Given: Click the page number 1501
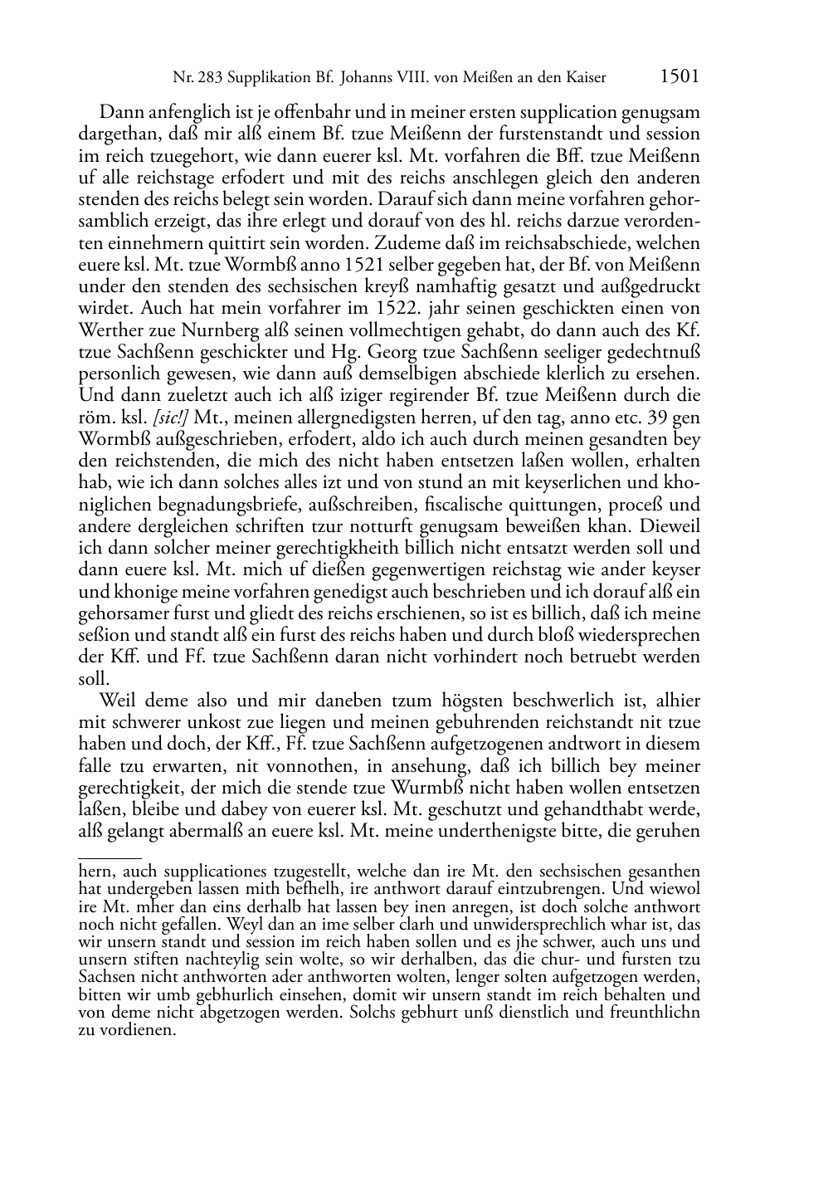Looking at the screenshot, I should click(x=680, y=77).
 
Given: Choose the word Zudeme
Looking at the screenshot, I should click(x=404, y=243).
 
